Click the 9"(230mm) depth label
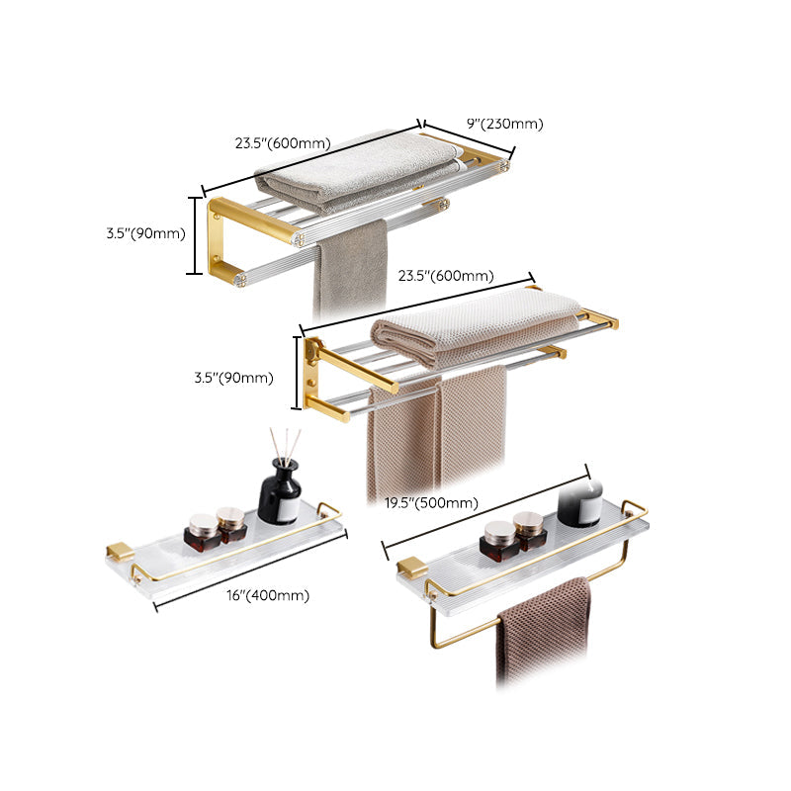tap(505, 124)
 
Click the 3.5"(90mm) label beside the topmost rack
tap(146, 234)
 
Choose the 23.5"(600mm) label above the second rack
tap(446, 276)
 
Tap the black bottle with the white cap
tap(579, 502)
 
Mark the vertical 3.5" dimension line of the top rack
tap(195, 235)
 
